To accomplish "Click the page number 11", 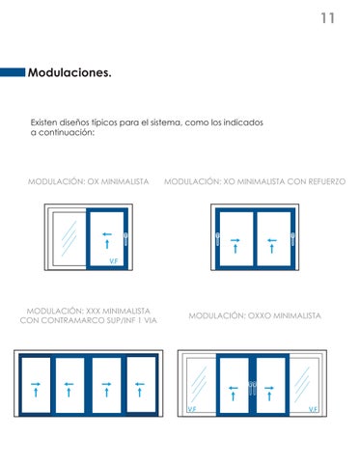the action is pyautogui.click(x=328, y=18).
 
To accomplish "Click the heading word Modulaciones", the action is pyautogui.click(x=69, y=72).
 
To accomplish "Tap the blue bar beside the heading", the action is pyautogui.click(x=13, y=72).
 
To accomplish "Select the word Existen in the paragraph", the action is pyautogui.click(x=43, y=123).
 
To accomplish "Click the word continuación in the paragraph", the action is pyautogui.click(x=67, y=132).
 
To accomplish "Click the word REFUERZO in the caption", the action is pyautogui.click(x=326, y=181).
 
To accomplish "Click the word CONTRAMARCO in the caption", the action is pyautogui.click(x=69, y=320).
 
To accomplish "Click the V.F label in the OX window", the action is pyautogui.click(x=114, y=261).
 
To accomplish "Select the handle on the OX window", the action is pyautogui.click(x=125, y=239).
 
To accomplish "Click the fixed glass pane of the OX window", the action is pyautogui.click(x=69, y=238).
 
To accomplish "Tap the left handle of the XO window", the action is pyautogui.click(x=218, y=239).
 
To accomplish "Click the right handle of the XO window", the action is pyautogui.click(x=292, y=239).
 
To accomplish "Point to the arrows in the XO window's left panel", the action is pyautogui.click(x=235, y=246).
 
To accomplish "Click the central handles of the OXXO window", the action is pyautogui.click(x=253, y=389).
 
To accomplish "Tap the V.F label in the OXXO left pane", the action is pyautogui.click(x=192, y=409).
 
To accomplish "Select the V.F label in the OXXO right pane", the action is pyautogui.click(x=314, y=409).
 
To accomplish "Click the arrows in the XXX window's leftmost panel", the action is pyautogui.click(x=36, y=390).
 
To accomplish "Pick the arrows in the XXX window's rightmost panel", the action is pyautogui.click(x=140, y=390).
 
